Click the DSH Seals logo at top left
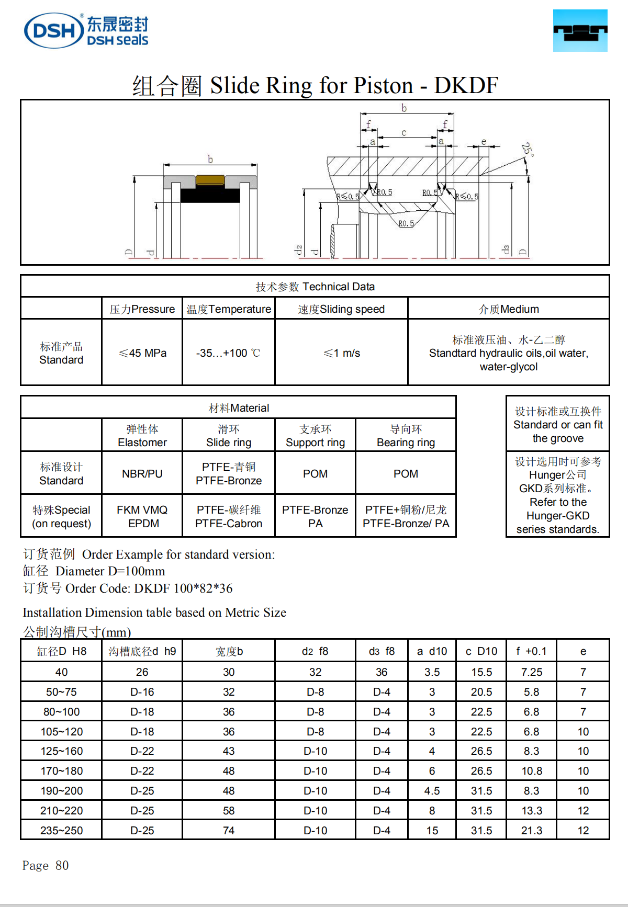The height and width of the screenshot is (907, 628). point(86,30)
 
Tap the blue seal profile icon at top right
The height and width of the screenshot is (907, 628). point(580,30)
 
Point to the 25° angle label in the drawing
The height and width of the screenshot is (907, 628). point(527,150)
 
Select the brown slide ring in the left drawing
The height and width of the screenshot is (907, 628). point(210,181)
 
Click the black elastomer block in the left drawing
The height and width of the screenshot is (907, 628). point(210,195)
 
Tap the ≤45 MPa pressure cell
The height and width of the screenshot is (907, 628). point(142,353)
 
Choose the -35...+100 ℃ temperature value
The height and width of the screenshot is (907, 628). point(228,353)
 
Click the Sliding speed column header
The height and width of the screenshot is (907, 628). point(341,309)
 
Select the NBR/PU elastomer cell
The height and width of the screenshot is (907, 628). point(142,474)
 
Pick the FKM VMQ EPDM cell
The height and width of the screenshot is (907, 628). point(142,516)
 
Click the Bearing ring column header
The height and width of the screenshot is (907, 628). point(406,436)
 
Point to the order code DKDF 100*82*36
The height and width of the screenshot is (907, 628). point(183,588)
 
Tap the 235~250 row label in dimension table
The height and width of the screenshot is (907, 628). point(61,831)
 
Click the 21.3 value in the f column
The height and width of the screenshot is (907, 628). point(531,831)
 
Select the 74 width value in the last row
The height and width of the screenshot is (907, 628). point(229,831)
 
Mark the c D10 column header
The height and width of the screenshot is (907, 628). point(481,651)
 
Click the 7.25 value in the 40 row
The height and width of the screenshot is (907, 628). point(531,672)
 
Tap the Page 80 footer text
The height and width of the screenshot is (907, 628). point(46,866)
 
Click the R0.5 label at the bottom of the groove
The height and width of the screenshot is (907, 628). point(406,223)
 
